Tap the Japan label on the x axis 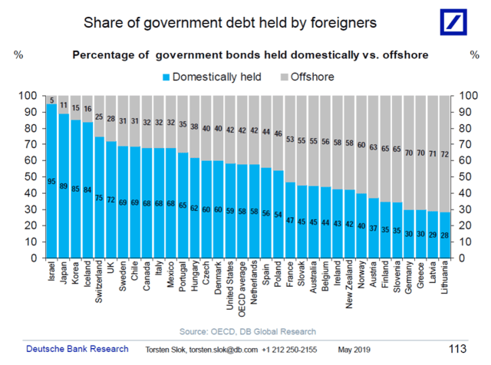tap(64, 275)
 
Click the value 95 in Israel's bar tap(51, 182)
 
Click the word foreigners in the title tap(334, 24)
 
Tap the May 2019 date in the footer tap(355, 350)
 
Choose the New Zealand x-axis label tap(351, 287)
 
